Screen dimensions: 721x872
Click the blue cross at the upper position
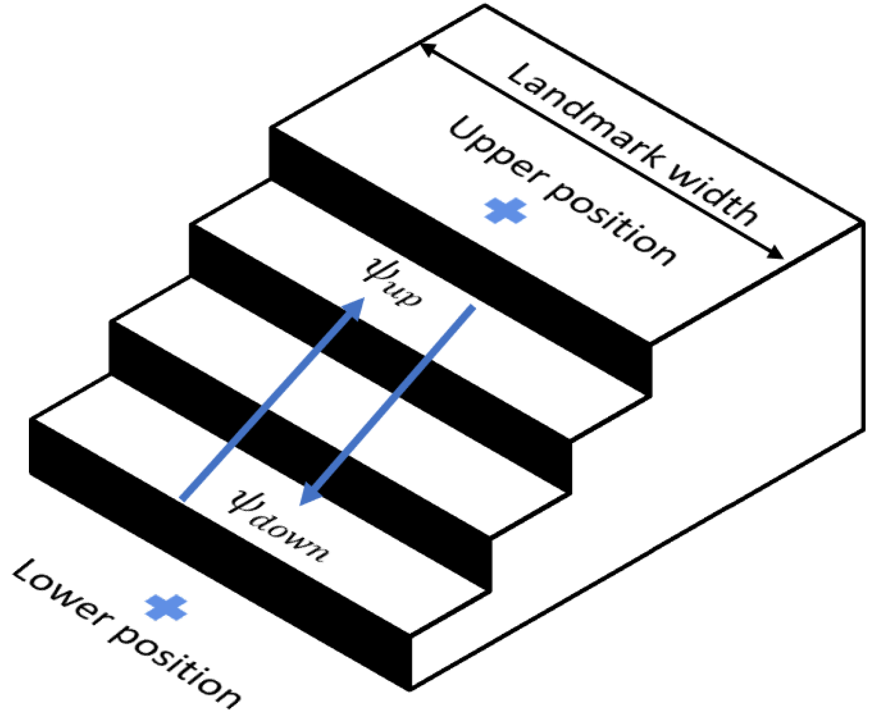coord(505,211)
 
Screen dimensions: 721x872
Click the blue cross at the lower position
coord(166,608)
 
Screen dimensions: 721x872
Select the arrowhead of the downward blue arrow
coord(309,495)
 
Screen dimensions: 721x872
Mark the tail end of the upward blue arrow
coord(183,499)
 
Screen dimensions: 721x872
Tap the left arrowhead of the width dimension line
coord(426,48)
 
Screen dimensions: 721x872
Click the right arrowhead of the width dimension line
coord(777,254)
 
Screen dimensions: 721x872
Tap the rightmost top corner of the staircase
coord(863,222)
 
